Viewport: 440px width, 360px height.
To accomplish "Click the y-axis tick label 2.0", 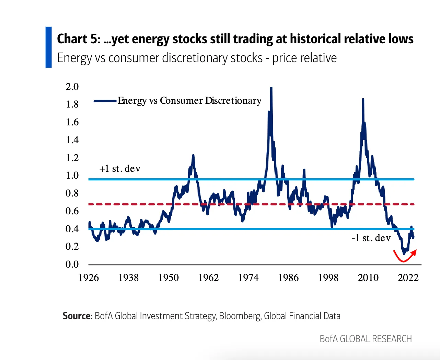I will [72, 87].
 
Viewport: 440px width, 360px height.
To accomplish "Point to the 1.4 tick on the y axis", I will [72, 140].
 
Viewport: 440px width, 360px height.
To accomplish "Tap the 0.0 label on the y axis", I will [72, 264].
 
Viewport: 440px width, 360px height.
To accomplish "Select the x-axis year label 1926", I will [89, 278].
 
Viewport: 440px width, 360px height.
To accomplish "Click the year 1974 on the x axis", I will [248, 278].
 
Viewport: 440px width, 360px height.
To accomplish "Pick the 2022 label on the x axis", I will [408, 278].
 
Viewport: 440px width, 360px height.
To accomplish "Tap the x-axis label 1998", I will [328, 278].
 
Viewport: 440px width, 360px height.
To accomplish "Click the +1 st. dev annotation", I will [120, 169].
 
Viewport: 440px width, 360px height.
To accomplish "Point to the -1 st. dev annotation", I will [371, 238].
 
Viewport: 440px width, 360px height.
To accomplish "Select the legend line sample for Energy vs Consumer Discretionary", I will [105, 101].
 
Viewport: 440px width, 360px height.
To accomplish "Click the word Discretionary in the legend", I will [233, 101].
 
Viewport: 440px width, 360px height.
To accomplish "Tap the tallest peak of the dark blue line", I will [271, 89].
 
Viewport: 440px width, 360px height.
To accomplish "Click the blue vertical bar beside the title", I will [48, 47].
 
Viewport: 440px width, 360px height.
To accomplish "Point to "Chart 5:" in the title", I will [79, 39].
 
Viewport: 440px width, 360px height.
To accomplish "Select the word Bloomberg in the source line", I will [240, 316].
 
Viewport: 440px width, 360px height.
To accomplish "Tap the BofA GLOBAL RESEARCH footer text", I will [366, 339].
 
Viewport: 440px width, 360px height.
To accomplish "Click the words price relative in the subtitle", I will [304, 58].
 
